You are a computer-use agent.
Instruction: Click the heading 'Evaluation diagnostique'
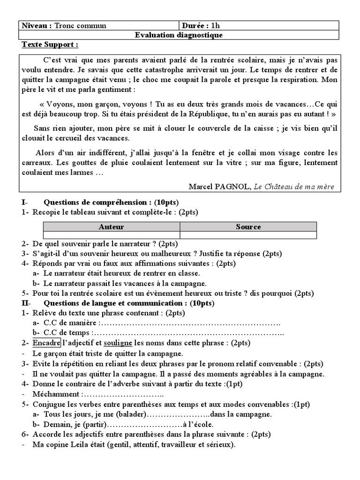point(179,35)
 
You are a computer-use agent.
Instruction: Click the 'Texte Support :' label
point(50,45)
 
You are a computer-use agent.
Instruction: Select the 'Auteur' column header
point(112,227)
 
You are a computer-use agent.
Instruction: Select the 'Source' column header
point(248,227)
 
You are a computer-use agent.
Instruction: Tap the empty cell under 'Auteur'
point(112,235)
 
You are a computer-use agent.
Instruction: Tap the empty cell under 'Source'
point(248,235)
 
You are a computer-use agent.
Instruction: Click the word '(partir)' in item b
point(93,425)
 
